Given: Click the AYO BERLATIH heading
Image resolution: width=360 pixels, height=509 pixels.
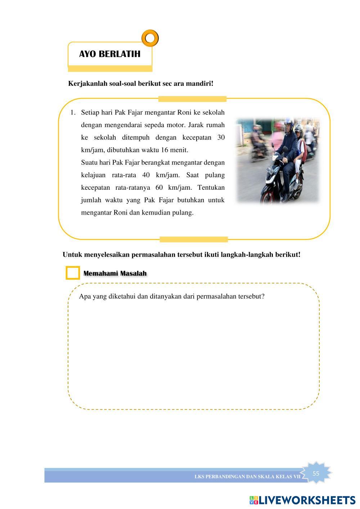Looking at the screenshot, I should [x=110, y=54].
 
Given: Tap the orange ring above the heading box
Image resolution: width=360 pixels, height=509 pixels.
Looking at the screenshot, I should [x=150, y=38].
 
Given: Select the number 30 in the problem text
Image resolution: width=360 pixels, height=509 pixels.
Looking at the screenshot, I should [x=221, y=138].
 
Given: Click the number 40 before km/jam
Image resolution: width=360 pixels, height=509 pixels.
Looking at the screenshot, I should [x=146, y=175].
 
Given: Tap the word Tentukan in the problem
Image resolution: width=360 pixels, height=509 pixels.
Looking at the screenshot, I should [x=211, y=188].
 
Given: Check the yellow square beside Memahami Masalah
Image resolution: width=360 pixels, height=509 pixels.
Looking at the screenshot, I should [x=73, y=273].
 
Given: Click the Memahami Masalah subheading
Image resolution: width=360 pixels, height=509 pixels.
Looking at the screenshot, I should [x=115, y=273].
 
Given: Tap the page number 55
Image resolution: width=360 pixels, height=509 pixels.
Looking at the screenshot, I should [x=316, y=473].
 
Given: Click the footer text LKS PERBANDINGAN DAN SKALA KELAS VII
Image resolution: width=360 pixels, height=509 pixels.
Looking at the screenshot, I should [x=247, y=477].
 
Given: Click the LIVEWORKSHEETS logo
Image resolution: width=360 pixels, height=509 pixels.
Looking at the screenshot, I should [x=302, y=500].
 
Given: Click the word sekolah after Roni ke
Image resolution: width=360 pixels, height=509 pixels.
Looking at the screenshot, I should [x=213, y=113].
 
